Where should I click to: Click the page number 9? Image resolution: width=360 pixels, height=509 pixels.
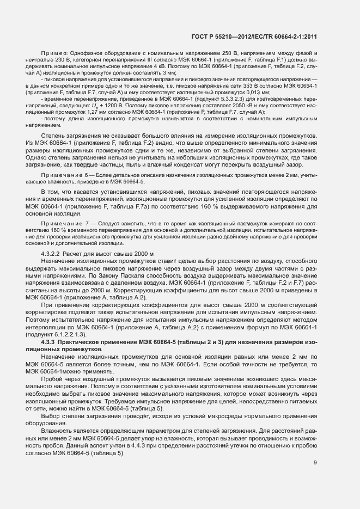[x=315, y=463]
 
